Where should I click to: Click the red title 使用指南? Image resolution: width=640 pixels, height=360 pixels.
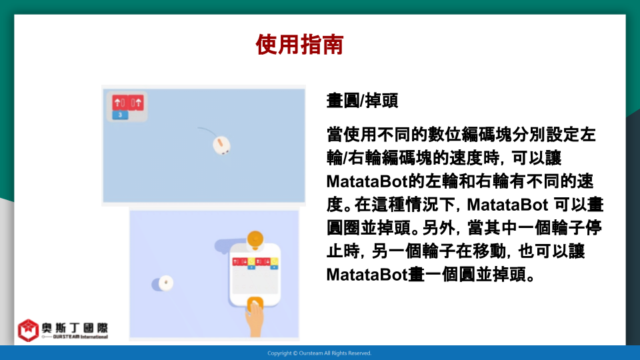(x=299, y=45)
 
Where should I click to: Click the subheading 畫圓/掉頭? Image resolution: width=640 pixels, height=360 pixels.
(x=362, y=101)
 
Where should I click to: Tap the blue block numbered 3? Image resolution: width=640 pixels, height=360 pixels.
(x=120, y=115)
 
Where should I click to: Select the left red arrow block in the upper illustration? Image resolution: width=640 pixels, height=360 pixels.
(x=120, y=103)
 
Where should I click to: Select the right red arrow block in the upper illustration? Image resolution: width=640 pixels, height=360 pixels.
(x=136, y=103)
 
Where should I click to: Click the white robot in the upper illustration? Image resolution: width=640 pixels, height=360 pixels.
(x=221, y=145)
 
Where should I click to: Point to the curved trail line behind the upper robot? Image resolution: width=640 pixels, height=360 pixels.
(x=207, y=131)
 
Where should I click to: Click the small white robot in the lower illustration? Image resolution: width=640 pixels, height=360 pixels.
(x=166, y=283)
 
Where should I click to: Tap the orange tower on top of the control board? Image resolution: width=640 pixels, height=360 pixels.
(x=255, y=240)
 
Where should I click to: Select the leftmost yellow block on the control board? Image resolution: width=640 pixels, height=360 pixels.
(x=251, y=261)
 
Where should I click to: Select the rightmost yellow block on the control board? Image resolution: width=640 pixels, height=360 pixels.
(x=274, y=261)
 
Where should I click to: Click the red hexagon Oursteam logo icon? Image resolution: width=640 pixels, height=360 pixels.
(x=28, y=330)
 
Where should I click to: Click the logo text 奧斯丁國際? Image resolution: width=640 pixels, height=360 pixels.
(x=75, y=328)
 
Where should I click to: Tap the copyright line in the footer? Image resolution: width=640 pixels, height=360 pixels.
(x=319, y=353)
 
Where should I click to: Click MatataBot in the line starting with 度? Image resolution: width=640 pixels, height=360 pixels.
(x=507, y=205)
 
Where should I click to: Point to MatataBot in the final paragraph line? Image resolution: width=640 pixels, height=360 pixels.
(x=367, y=275)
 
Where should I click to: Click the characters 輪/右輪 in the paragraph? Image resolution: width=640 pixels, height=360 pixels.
(x=354, y=158)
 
